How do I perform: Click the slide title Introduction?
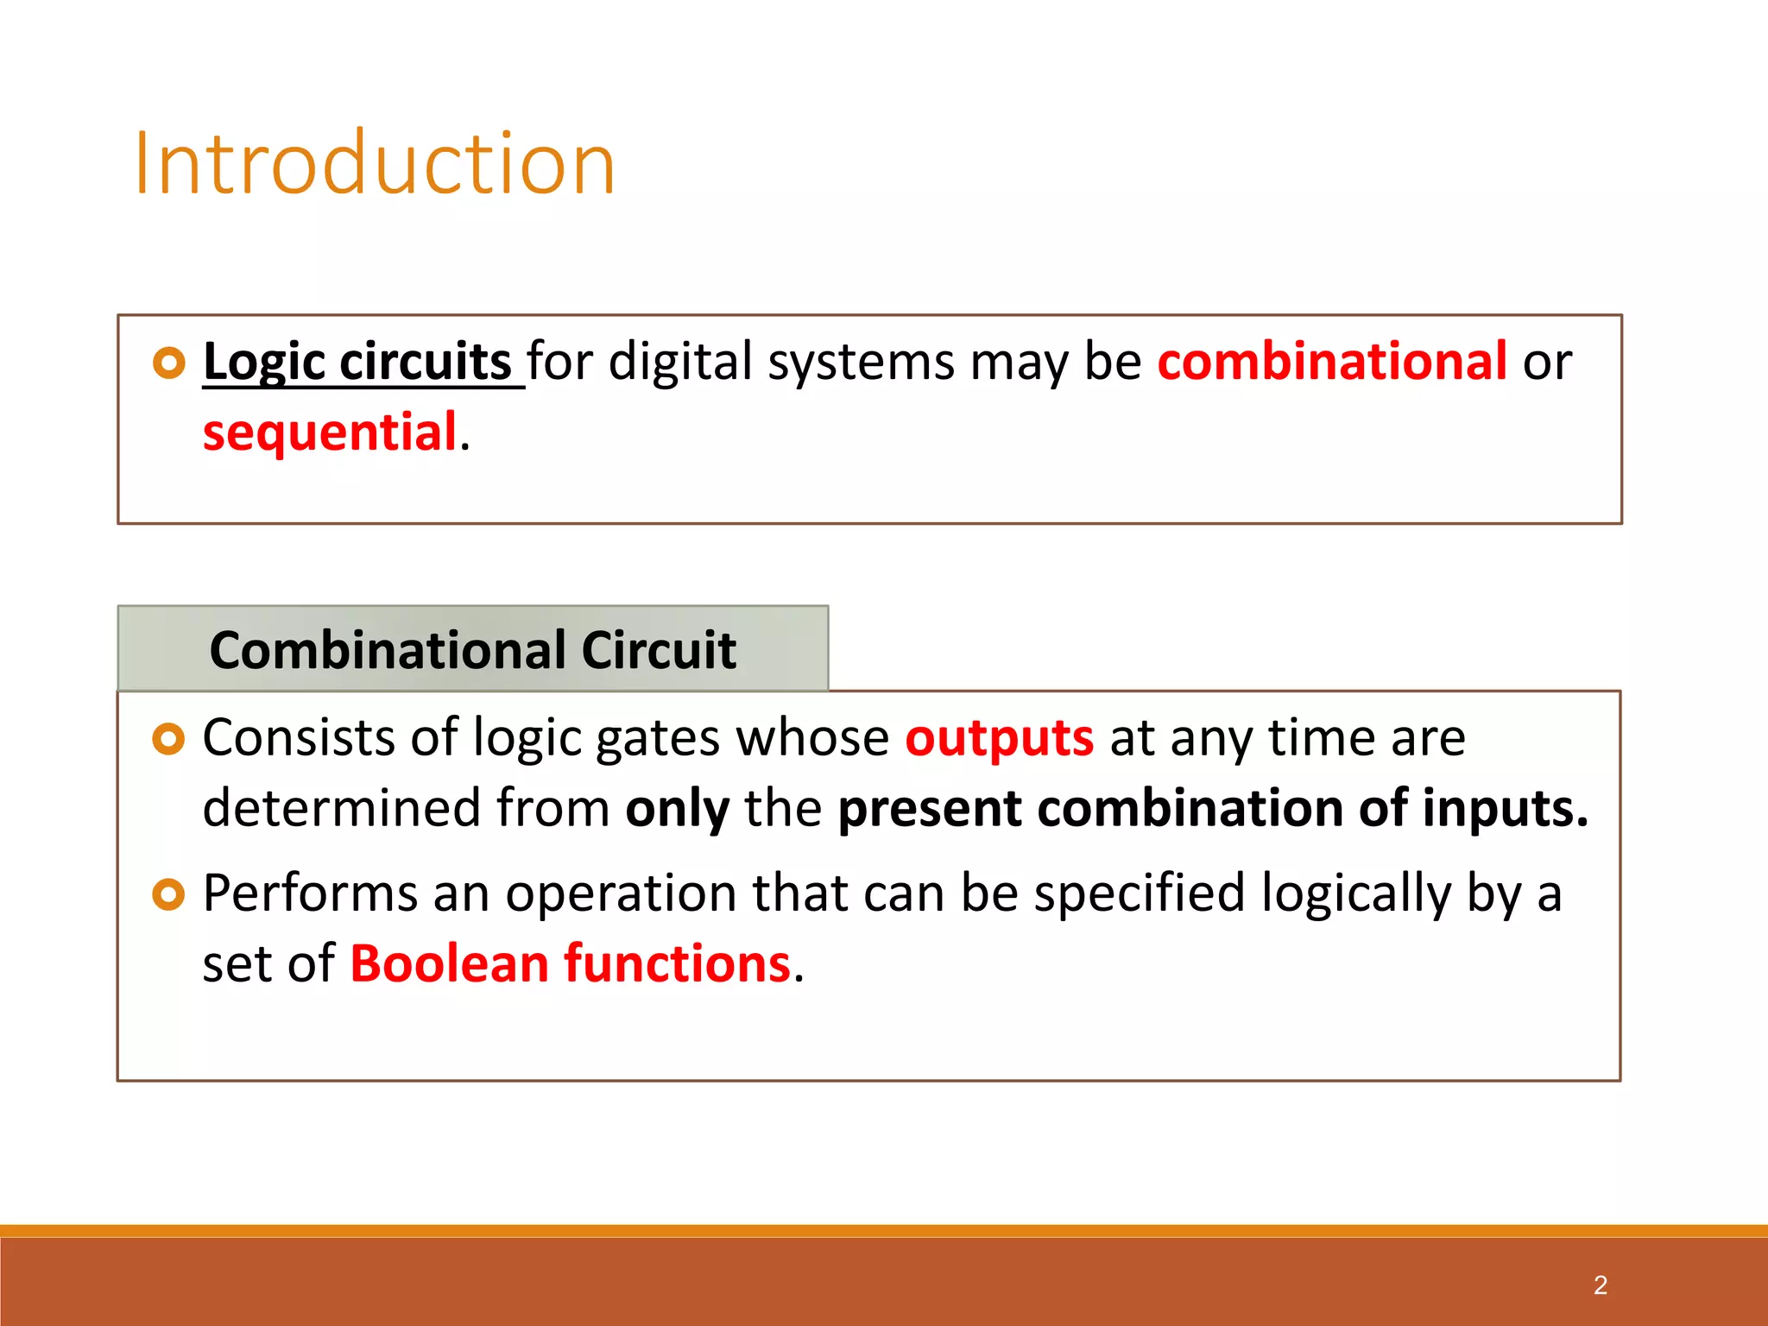tap(375, 164)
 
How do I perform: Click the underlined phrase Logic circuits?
tap(358, 361)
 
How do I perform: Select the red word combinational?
tap(1332, 361)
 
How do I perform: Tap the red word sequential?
tap(330, 432)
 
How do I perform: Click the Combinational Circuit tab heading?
tap(472, 649)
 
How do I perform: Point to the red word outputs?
tap(999, 738)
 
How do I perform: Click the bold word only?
tap(677, 809)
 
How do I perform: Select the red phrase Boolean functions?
tap(570, 963)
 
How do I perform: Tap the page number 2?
tap(1600, 1285)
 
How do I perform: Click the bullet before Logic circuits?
tap(169, 363)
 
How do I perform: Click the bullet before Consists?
tap(169, 740)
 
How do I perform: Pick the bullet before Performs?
tap(169, 894)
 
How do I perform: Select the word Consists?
tap(299, 738)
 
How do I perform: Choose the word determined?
tap(342, 809)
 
